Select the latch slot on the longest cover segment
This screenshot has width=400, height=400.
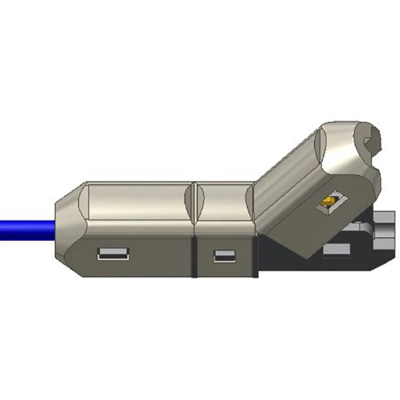pos(113,254)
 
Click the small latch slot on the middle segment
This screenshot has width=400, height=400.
pos(224,256)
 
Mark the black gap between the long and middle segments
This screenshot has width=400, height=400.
pos(194,256)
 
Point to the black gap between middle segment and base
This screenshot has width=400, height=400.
pos(255,256)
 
